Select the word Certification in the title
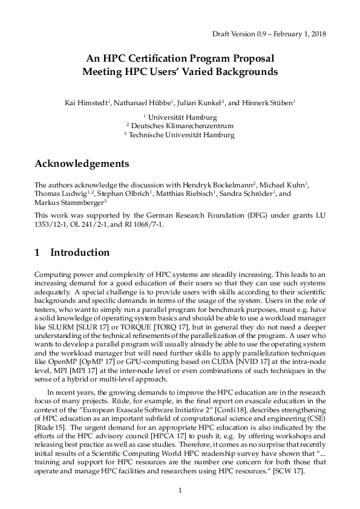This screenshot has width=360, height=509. [x=164, y=59]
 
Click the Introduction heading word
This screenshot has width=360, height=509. [x=80, y=253]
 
